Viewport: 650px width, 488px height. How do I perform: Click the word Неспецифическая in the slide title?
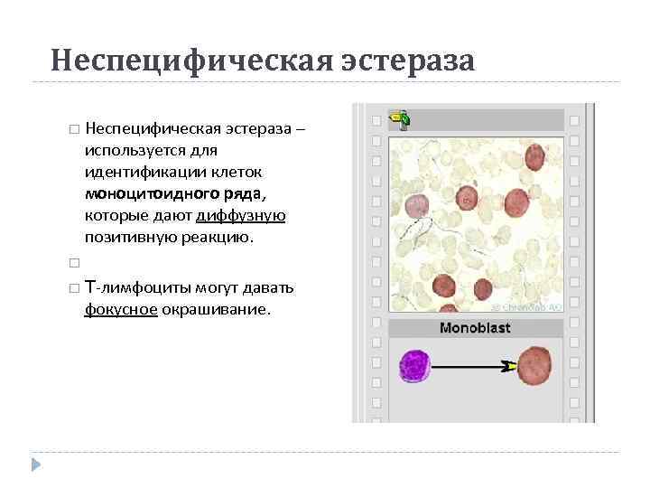(191, 61)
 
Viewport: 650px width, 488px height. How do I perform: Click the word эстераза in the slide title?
(407, 61)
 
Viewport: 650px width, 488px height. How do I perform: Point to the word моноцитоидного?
(144, 192)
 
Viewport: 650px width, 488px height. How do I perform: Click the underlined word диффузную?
(241, 215)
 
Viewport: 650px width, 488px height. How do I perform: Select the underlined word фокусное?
(121, 309)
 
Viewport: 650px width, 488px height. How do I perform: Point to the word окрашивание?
(216, 309)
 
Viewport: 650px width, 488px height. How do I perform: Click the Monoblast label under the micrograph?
(475, 327)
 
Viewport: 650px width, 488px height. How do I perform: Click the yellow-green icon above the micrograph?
(401, 117)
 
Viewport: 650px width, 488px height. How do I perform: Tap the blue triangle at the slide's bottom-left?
(36, 465)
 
